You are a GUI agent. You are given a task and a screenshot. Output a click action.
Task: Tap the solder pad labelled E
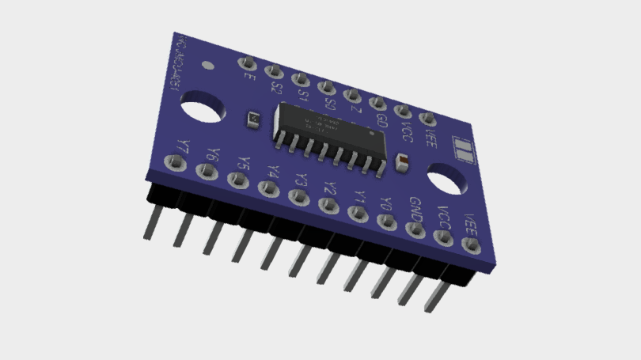pyautogui.click(x=246, y=63)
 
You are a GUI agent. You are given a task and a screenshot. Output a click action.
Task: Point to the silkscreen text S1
pyautogui.click(x=303, y=96)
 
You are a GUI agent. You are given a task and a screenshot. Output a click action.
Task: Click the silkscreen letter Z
pyautogui.click(x=356, y=112)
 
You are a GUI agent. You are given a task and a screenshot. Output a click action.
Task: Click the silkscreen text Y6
pyautogui.click(x=210, y=154)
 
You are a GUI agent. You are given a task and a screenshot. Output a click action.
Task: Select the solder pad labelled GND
pyautogui.click(x=415, y=230)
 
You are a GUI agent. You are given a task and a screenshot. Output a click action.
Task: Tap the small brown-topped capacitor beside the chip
pyautogui.click(x=401, y=162)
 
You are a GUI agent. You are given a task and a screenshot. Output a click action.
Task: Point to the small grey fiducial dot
pyautogui.click(x=207, y=66)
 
